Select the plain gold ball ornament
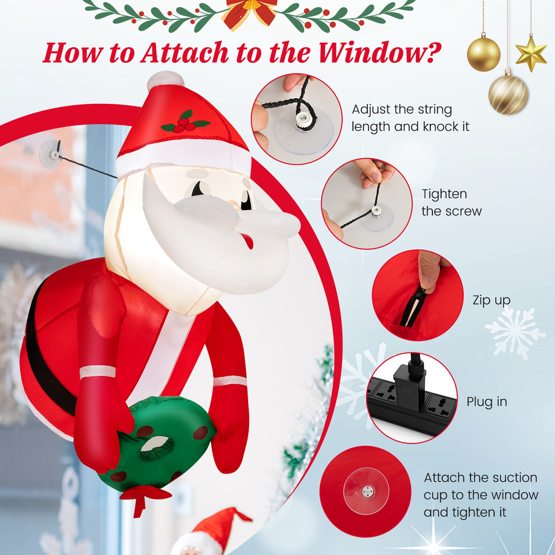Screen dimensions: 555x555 (x=483, y=53)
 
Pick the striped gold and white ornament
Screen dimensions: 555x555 (x=507, y=95)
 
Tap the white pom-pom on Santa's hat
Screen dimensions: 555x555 (x=165, y=80)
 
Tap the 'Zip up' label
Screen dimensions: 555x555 (x=491, y=300)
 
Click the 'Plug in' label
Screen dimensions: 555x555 (x=487, y=402)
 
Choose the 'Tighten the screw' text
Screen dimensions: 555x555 (x=451, y=203)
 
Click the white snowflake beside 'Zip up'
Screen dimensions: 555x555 (x=514, y=333)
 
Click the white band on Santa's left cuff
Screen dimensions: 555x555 (x=98, y=371)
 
